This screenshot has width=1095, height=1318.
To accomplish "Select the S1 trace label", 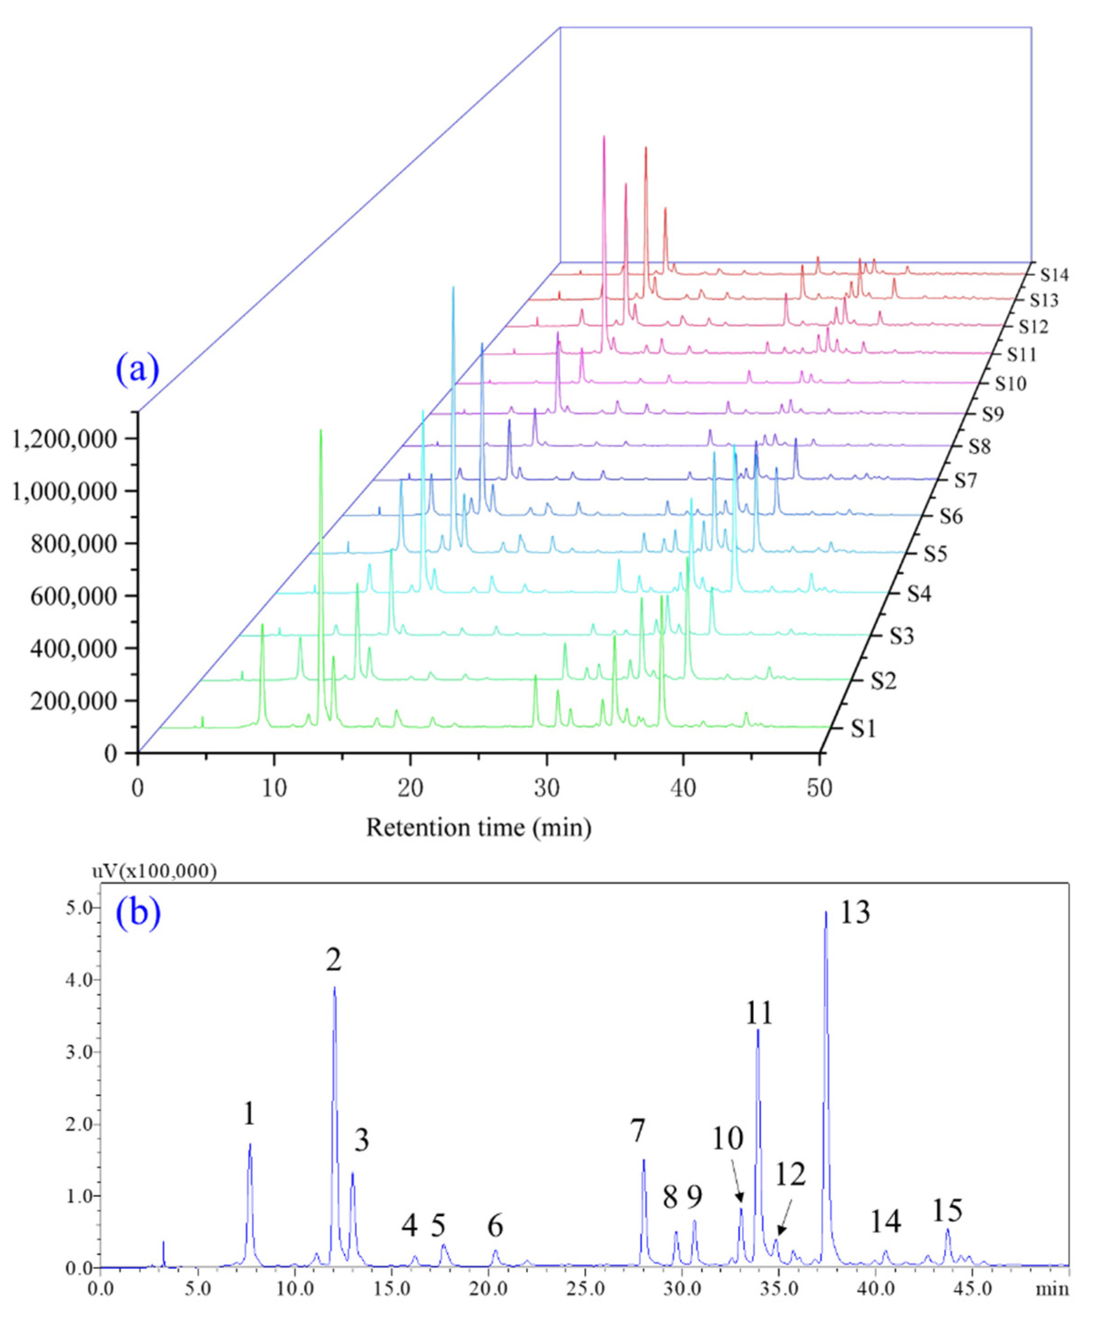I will point(863,729).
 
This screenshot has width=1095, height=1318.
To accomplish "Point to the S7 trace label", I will point(967,480).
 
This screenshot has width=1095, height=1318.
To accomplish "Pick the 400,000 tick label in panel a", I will point(73,648).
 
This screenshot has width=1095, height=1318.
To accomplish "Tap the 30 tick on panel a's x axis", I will point(546,788).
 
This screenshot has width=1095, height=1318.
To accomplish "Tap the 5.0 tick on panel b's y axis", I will point(80,908).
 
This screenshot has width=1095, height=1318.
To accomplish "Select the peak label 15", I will point(946,1211).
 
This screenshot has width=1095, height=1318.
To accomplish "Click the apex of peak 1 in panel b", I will point(250,1144).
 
